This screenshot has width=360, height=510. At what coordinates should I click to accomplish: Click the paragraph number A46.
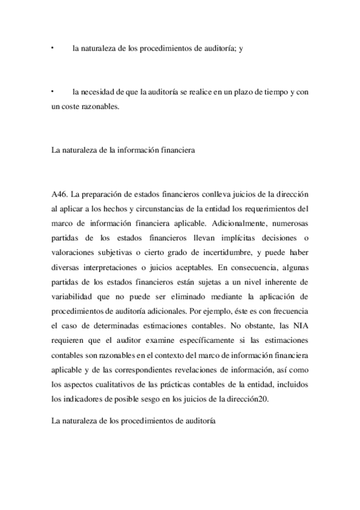coord(60,195)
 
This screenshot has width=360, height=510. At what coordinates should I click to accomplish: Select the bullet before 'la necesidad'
coord(53,91)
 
